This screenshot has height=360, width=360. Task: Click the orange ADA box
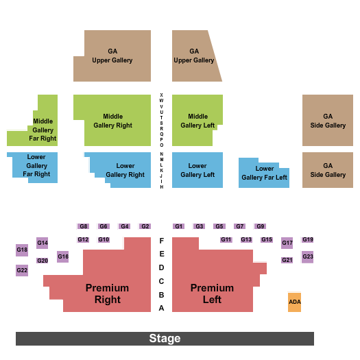pos(294,302)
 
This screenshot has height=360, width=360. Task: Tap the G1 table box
pos(179,226)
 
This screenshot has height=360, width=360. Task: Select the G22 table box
pos(22,270)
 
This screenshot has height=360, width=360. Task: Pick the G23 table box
pos(307,257)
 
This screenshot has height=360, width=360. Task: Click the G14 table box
pos(43,243)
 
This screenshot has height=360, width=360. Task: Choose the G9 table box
pos(260,226)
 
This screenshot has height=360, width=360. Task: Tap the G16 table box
pos(62,256)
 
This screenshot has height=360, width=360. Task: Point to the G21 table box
pos(287,260)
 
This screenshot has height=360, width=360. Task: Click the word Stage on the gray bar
pos(165,339)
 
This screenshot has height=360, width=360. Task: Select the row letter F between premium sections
pos(162,241)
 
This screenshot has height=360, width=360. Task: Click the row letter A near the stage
pos(162,308)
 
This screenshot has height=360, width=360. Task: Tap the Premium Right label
pos(107,293)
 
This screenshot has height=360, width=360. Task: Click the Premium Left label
pos(212,293)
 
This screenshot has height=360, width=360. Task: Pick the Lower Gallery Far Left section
pos(264,173)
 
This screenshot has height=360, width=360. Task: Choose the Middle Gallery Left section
pos(197,121)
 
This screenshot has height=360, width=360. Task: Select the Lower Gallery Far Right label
pos(36,166)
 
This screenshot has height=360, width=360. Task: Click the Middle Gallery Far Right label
pos(43,130)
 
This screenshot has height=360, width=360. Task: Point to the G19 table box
pos(308,239)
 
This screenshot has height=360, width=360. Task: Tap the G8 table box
pos(84,226)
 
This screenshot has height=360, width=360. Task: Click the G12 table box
pos(83,239)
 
